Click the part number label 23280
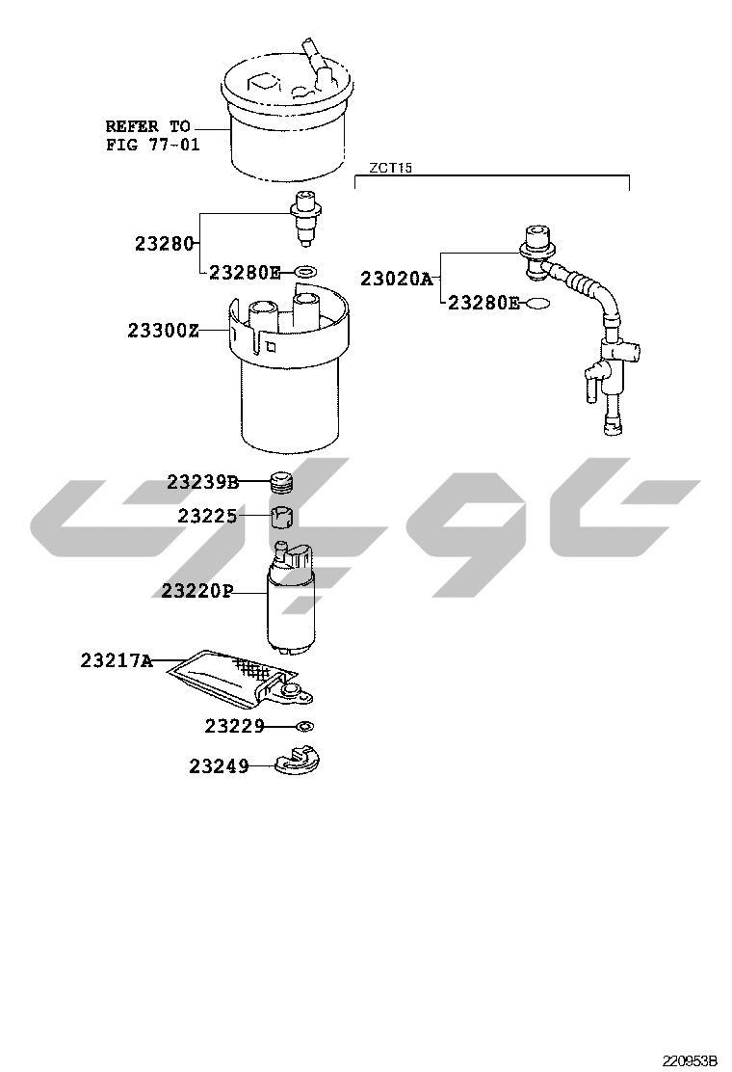tap(165, 243)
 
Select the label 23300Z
tap(163, 331)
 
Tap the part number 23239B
tap(203, 483)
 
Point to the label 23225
tap(208, 516)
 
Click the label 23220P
tap(196, 590)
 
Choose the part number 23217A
tap(117, 660)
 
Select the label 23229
tap(234, 726)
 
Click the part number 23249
tap(220, 766)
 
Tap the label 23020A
tap(397, 279)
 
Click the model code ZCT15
tap(391, 168)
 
